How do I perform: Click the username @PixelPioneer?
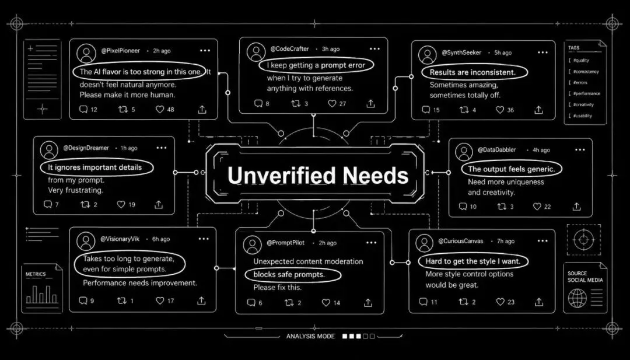[121, 51]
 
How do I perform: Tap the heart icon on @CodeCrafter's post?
[332, 104]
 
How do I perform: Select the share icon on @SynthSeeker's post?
[539, 110]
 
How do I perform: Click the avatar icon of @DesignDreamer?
[50, 150]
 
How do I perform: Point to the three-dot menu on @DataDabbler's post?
[580, 150]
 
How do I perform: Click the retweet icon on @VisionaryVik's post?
[122, 300]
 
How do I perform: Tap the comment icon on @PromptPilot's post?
[251, 303]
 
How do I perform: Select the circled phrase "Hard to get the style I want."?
[473, 261]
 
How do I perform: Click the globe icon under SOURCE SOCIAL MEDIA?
[577, 299]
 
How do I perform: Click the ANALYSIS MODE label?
[310, 336]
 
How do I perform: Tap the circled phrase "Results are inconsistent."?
[473, 72]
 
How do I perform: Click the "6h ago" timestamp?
[161, 239]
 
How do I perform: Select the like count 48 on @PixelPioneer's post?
[170, 109]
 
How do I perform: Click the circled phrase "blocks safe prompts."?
[293, 275]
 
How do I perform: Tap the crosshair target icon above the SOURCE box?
[584, 240]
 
